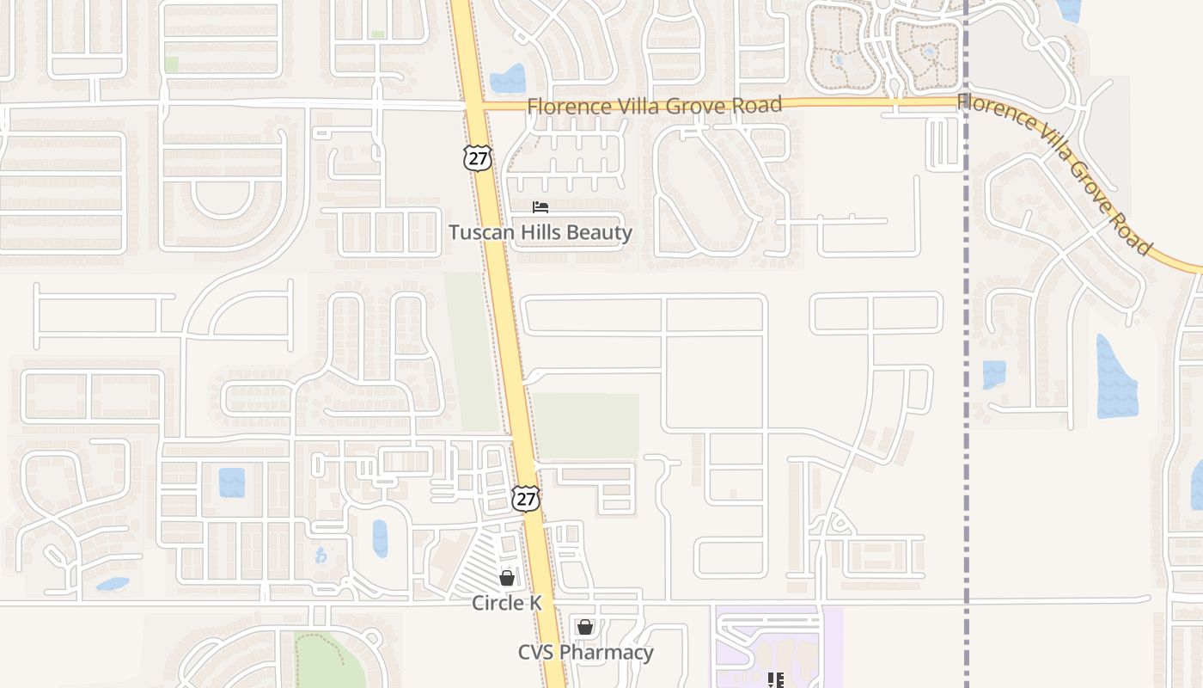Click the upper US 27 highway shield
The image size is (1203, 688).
477,157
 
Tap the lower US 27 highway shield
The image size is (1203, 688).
525,498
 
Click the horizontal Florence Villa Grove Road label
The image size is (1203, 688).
654,106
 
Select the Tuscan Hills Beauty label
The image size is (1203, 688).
540,232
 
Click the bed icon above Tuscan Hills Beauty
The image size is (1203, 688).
540,207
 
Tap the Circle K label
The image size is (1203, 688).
507,604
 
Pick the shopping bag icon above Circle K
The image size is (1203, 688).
507,578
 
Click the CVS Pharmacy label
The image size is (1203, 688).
585,653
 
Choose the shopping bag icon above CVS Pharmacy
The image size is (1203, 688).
585,628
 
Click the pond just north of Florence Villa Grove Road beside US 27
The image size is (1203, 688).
508,79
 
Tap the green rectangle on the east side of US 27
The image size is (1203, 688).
587,426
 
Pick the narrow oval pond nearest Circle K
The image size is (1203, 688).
380,538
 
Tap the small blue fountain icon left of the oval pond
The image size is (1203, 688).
321,556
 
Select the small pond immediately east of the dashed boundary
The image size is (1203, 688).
993,374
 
